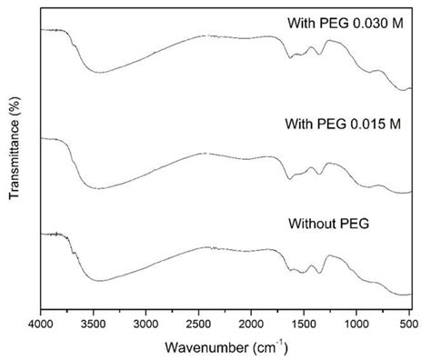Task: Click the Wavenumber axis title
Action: pyautogui.click(x=205, y=346)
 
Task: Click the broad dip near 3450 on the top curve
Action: pyautogui.click(x=102, y=72)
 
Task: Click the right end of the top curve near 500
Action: pyautogui.click(x=411, y=89)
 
